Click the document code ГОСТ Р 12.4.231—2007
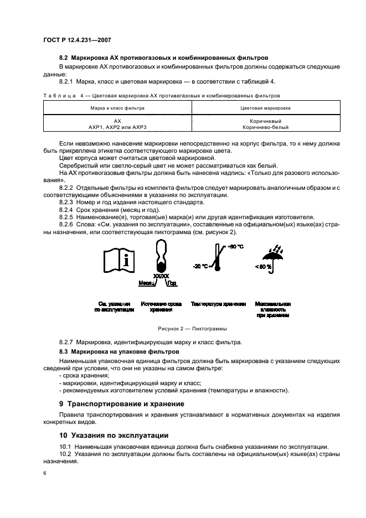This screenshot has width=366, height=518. click(x=77, y=40)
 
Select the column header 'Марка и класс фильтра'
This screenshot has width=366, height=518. click(x=117, y=108)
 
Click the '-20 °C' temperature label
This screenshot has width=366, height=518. click(x=201, y=266)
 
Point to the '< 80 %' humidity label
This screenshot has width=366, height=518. click(x=264, y=267)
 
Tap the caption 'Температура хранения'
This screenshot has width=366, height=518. click(x=218, y=304)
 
